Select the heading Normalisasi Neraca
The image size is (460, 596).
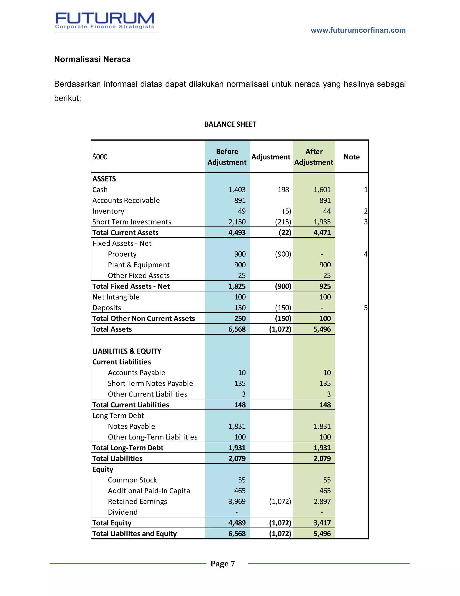(92, 59)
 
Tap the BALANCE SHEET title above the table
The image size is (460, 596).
(230, 124)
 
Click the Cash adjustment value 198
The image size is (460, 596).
(283, 190)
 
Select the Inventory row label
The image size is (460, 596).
(108, 211)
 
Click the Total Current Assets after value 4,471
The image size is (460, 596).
(322, 233)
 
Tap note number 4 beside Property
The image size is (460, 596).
(365, 254)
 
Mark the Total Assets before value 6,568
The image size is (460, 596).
(237, 329)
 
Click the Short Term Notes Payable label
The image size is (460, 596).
(150, 383)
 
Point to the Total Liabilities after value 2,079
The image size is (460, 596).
(322, 458)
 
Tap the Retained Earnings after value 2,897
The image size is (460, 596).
(322, 501)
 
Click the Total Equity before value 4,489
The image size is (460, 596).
(237, 523)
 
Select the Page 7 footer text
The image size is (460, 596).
(222, 564)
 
